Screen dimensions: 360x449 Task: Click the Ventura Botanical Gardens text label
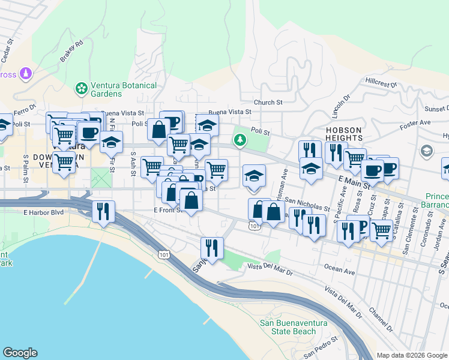(x=123, y=89)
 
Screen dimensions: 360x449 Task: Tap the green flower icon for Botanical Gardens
(x=81, y=89)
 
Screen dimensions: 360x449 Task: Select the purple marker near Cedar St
(x=25, y=74)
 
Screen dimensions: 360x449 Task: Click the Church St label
(x=268, y=103)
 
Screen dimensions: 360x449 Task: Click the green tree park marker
(x=240, y=140)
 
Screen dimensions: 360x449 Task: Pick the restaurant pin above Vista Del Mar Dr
(x=212, y=247)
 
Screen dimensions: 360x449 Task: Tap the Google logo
(x=20, y=353)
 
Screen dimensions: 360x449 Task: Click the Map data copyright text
(x=412, y=355)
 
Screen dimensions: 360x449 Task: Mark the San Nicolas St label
(x=307, y=205)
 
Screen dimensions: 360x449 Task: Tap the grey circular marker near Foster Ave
(x=427, y=150)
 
